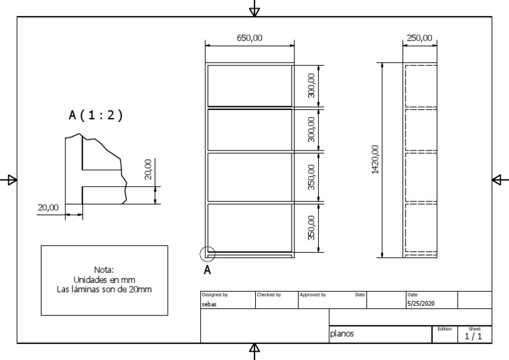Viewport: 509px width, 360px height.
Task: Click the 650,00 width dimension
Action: pyautogui.click(x=249, y=38)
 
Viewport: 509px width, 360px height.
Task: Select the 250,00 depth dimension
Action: pyautogui.click(x=419, y=38)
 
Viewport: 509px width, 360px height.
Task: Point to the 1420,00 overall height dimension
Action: pyautogui.click(x=375, y=159)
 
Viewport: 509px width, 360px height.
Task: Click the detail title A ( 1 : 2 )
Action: pyautogui.click(x=96, y=115)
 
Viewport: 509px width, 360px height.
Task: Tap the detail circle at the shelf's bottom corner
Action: pyautogui.click(x=207, y=253)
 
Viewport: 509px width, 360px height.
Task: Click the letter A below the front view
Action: pyautogui.click(x=207, y=270)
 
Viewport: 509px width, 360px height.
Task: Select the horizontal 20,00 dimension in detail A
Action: pyautogui.click(x=48, y=208)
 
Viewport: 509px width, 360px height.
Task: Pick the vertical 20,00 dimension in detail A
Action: pyautogui.click(x=148, y=169)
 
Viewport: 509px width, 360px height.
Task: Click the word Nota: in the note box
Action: pyautogui.click(x=104, y=270)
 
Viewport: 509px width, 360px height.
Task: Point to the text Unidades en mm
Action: pyautogui.click(x=104, y=280)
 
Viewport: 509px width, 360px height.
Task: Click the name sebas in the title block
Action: pyautogui.click(x=209, y=303)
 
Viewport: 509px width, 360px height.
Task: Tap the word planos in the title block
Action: pyautogui.click(x=342, y=335)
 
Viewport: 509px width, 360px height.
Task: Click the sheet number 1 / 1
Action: pyautogui.click(x=474, y=337)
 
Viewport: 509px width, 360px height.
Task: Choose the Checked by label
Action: pyautogui.click(x=268, y=294)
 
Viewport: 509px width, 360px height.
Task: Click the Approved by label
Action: pyautogui.click(x=312, y=294)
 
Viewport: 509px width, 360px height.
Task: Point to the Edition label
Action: pyautogui.click(x=444, y=329)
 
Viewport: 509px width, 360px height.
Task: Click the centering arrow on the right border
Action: pyautogui.click(x=500, y=180)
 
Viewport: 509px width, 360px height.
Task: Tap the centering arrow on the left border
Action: pyautogui.click(x=9, y=180)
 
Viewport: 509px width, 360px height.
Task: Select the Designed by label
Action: pyautogui.click(x=215, y=294)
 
